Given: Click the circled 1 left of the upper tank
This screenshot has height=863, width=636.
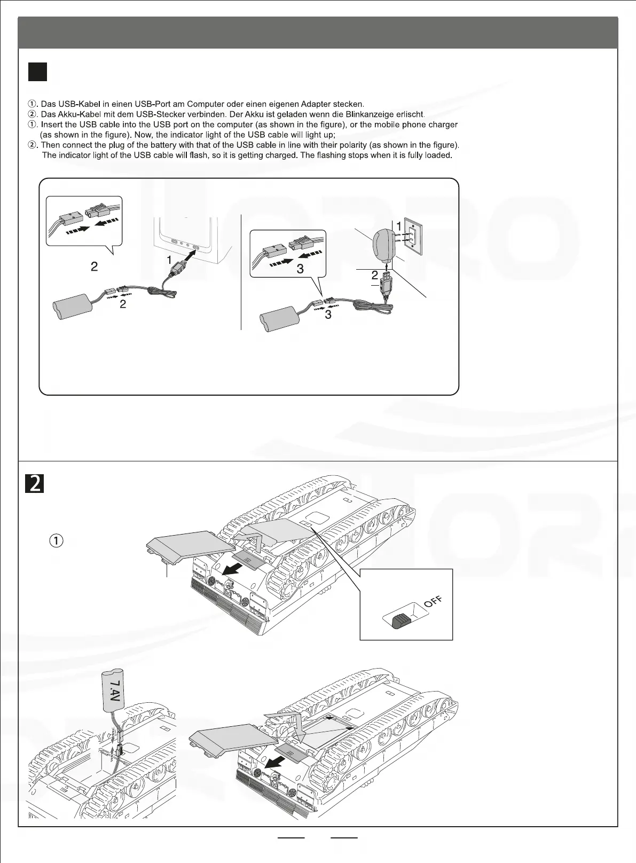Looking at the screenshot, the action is point(57,540).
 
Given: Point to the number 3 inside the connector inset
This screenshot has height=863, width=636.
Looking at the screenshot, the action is point(300,269).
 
